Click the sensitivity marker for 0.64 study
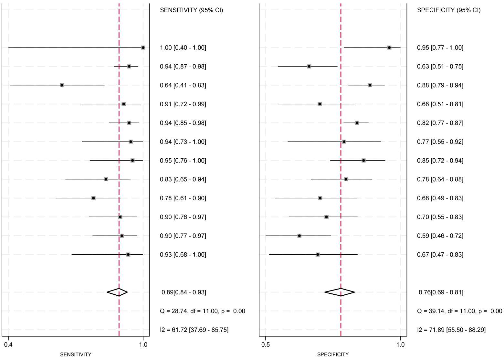pyautogui.click(x=62, y=85)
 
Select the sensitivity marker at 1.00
pyautogui.click(x=143, y=48)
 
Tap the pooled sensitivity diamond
pyautogui.click(x=117, y=292)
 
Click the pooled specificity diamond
pyautogui.click(x=340, y=292)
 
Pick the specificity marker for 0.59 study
pyautogui.click(x=299, y=236)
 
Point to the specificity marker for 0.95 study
pyautogui.click(x=389, y=48)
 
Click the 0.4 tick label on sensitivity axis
pyautogui.click(x=8, y=344)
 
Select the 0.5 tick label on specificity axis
pyautogui.click(x=266, y=344)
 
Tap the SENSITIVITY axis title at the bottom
pyautogui.click(x=76, y=355)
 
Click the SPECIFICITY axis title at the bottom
pyautogui.click(x=333, y=355)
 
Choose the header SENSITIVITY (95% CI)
pyautogui.click(x=191, y=10)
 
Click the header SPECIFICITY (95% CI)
pyautogui.click(x=449, y=10)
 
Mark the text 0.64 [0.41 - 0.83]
pyautogui.click(x=183, y=85)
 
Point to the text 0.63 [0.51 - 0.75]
pyautogui.click(x=440, y=67)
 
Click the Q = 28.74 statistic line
pyautogui.click(x=202, y=311)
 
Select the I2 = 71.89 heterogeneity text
pyautogui.click(x=451, y=330)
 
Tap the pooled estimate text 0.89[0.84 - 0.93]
pyautogui.click(x=184, y=292)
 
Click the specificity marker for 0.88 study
pyautogui.click(x=370, y=85)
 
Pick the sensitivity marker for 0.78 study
pyautogui.click(x=93, y=198)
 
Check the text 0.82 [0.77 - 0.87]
pyautogui.click(x=440, y=123)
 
